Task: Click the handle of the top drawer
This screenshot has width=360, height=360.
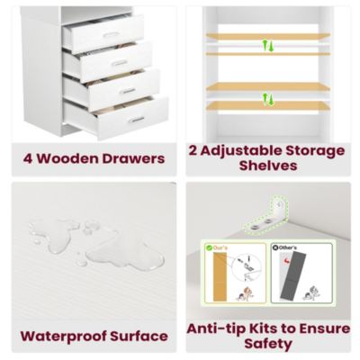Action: (111, 35)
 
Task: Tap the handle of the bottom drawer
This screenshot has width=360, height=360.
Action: (137, 119)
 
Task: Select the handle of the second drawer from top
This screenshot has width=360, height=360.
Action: (119, 63)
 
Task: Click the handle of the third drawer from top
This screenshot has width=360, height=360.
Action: (128, 91)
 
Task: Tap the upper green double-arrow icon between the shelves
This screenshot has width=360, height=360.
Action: (266, 44)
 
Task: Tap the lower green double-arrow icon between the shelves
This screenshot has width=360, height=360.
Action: (266, 94)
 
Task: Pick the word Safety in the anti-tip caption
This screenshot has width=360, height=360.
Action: (267, 345)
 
